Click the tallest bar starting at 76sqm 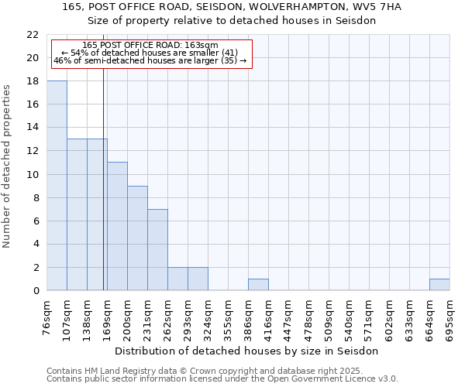pos(57,186)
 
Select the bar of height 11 pos(117,226)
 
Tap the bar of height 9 pos(137,238)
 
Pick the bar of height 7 pos(157,250)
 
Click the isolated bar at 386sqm pos(258,285)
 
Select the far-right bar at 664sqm pos(439,285)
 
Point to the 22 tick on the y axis pos(33,35)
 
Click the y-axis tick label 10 pos(33,175)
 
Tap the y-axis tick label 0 pos(36,291)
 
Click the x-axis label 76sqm pos(47,318)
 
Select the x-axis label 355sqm pos(229,318)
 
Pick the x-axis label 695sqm pos(450,318)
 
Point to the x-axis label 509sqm pos(329,318)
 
